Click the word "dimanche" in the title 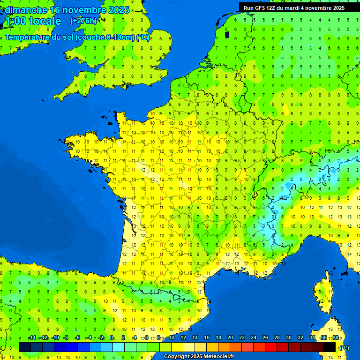(x=26, y=10)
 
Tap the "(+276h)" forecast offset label (x=83, y=21)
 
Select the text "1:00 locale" (x=32, y=21)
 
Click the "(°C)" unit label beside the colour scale (x=344, y=347)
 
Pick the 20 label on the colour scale (x=230, y=338)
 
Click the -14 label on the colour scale (x=32, y=338)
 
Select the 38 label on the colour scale (x=335, y=338)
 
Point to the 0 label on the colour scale (x=112, y=338)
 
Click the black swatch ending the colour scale (x=330, y=347)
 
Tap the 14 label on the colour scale (x=195, y=338)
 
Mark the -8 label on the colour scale (x=66, y=338)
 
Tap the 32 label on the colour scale (x=300, y=338)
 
